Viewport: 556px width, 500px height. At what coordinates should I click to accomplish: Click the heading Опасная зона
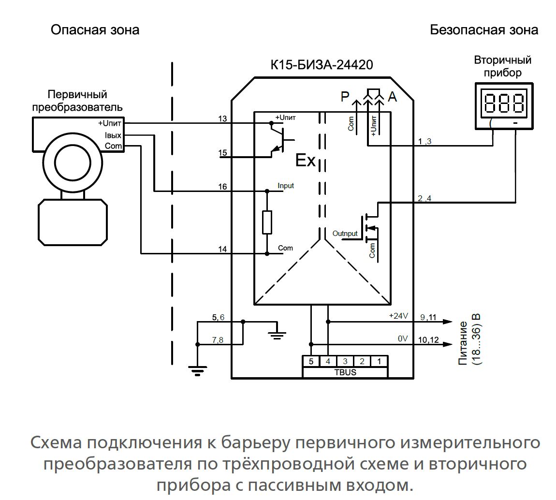tap(95, 30)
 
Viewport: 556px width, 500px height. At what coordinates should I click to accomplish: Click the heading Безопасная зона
tap(483, 30)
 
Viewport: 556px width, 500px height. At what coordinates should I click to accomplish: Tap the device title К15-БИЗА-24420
tap(322, 65)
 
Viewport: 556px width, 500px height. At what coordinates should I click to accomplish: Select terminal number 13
tap(222, 119)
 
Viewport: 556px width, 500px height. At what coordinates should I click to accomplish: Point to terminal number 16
tap(222, 187)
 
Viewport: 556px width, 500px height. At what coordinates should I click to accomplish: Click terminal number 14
tap(222, 249)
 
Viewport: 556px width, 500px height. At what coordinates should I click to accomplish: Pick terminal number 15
tap(222, 153)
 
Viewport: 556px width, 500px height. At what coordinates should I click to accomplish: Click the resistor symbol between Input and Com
tap(267, 222)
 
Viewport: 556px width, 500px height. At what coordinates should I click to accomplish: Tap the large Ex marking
tap(305, 161)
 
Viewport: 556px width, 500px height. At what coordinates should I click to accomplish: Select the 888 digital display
tap(504, 103)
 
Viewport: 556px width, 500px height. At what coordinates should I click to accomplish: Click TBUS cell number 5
tap(311, 361)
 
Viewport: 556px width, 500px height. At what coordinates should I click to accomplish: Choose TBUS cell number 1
tap(379, 361)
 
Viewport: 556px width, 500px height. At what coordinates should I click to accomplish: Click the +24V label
tap(399, 316)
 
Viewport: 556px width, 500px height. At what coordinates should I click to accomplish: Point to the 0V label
tap(403, 339)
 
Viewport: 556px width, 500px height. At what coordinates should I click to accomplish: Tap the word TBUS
tap(345, 372)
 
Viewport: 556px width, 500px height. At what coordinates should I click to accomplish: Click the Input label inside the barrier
tap(286, 186)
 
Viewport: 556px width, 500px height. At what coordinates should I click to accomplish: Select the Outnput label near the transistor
tap(345, 234)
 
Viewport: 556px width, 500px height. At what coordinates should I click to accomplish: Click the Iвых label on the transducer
tap(113, 135)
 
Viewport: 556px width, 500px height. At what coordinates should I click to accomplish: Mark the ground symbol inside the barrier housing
tap(277, 333)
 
